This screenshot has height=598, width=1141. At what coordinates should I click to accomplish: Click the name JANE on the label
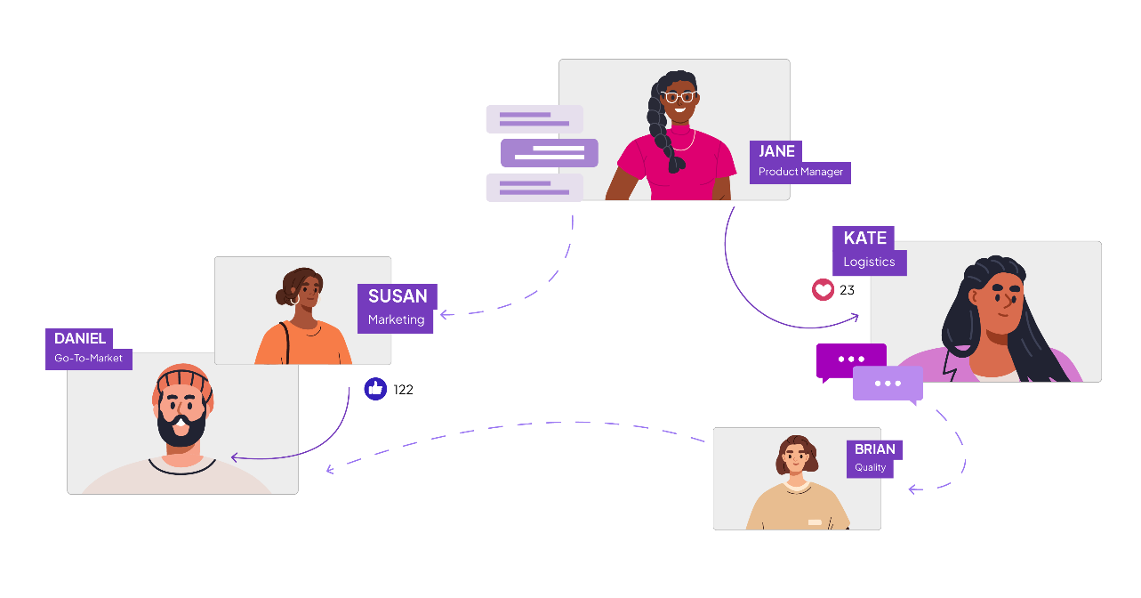point(776,151)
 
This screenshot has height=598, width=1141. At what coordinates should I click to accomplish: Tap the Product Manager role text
point(800,172)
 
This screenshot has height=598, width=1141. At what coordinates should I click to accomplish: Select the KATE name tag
point(865,238)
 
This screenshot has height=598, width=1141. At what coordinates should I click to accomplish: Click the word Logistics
point(869,263)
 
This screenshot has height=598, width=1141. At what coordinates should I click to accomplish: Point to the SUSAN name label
point(398,296)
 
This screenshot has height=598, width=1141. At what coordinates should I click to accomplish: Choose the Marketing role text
point(396,319)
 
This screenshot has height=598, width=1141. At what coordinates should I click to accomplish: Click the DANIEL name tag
point(80,338)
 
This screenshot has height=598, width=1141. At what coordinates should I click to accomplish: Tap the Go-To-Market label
point(88,359)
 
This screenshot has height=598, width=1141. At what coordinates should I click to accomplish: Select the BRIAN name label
point(875,449)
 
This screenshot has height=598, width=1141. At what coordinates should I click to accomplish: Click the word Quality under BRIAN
point(871,467)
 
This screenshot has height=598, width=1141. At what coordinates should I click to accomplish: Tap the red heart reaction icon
point(824,290)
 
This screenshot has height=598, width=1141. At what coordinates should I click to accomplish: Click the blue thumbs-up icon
point(375,388)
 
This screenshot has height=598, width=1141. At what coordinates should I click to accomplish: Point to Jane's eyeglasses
point(679,96)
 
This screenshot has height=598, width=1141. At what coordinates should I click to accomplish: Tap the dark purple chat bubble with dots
point(851,360)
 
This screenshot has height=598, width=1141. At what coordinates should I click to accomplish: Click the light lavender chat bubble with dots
point(888,384)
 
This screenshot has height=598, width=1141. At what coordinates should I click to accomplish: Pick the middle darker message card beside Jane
point(550,153)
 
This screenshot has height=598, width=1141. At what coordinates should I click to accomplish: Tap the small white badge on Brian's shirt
point(815,522)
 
